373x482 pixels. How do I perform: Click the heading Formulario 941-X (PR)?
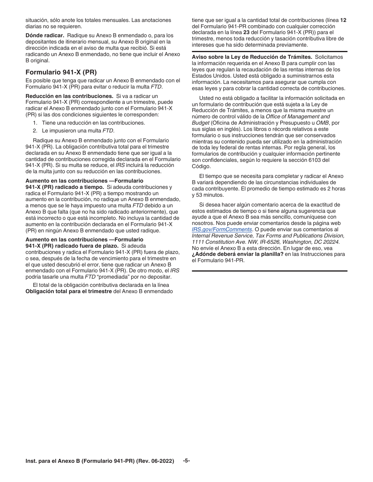pos(61,72)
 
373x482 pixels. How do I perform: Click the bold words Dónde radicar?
pos(45,35)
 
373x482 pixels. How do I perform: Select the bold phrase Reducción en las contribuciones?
pos(69,96)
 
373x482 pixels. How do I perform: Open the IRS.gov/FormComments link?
pos(221,229)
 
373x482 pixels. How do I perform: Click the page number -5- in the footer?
pos(186,461)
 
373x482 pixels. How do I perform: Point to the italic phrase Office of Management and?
pos(298,116)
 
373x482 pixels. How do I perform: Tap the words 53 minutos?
pos(213,195)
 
